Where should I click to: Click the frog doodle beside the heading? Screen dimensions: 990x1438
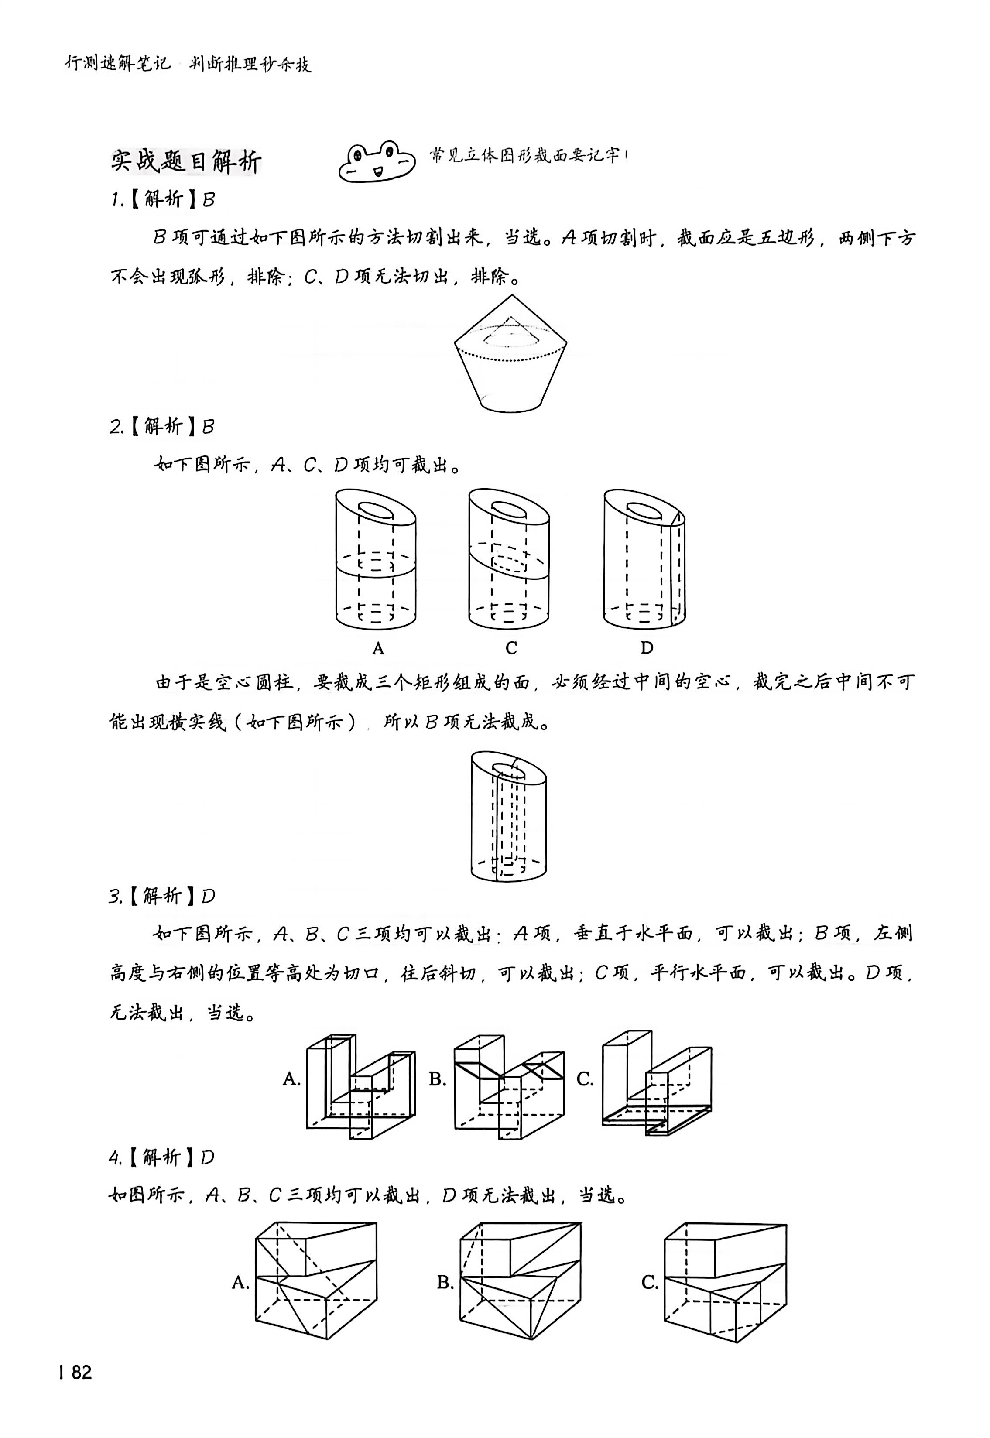[376, 162]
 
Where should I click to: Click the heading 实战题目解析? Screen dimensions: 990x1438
[186, 161]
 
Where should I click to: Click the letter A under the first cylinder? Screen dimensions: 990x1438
[378, 649]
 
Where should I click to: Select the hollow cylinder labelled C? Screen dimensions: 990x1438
[509, 559]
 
